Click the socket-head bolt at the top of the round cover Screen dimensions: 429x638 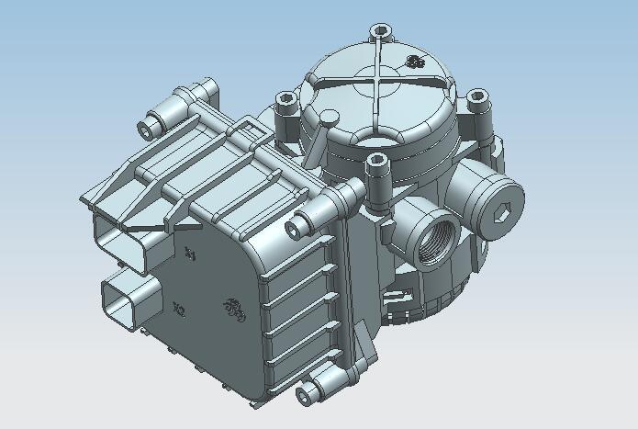click(x=382, y=30)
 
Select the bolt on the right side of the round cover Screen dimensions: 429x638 click(x=476, y=96)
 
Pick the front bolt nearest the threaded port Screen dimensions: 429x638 click(x=375, y=161)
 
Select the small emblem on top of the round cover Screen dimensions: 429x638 click(x=415, y=62)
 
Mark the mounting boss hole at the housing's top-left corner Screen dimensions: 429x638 click(x=145, y=126)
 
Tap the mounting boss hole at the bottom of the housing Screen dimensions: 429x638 click(x=306, y=395)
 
